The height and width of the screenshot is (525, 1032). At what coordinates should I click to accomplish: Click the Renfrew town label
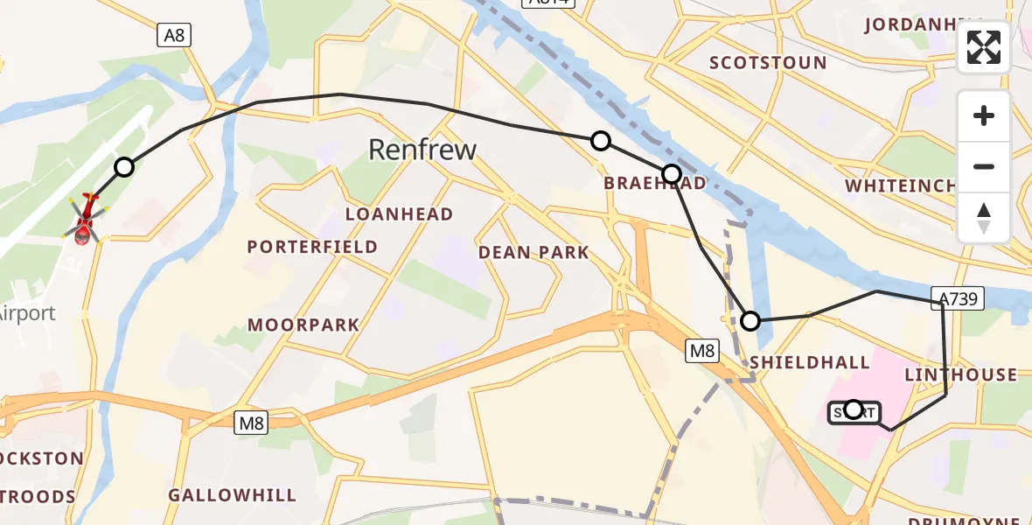click(422, 150)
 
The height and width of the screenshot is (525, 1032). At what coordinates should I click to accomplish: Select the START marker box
click(854, 411)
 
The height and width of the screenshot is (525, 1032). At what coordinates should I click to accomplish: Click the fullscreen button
click(984, 47)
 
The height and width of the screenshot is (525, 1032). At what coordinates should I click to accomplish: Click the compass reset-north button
click(984, 218)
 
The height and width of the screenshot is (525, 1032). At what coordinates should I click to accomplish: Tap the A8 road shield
click(174, 35)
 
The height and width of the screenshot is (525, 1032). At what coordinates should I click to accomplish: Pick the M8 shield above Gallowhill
click(251, 423)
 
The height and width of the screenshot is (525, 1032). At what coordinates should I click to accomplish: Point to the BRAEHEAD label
click(642, 183)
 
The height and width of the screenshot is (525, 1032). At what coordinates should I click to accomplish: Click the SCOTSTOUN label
click(768, 63)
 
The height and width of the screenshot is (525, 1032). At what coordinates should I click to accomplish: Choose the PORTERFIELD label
click(312, 248)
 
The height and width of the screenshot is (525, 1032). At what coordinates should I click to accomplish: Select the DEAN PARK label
click(533, 253)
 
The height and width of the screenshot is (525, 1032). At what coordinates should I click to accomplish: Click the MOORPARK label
click(303, 325)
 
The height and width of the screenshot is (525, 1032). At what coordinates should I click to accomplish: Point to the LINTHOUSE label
click(960, 375)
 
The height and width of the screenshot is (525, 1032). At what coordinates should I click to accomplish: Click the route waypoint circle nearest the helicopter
click(124, 167)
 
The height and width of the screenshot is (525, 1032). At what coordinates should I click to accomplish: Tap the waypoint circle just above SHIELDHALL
click(750, 321)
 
